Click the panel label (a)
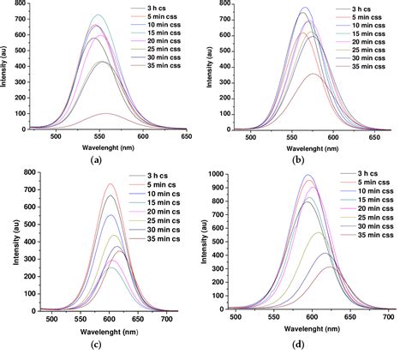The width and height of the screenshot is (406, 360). point(95,159)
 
